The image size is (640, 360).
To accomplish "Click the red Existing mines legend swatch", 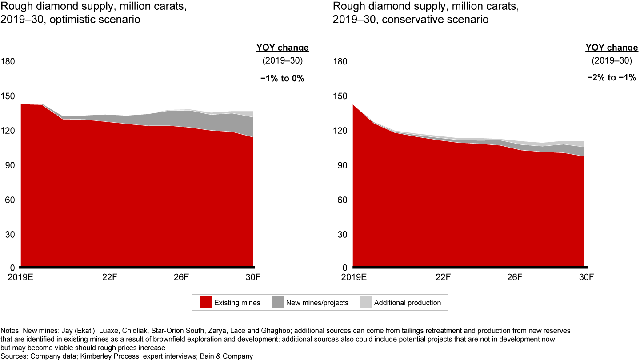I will (x=206, y=303).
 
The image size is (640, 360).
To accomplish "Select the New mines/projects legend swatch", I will (x=278, y=303).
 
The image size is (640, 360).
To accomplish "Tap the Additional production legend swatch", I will (x=366, y=303).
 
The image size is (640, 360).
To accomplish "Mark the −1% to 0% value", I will (x=282, y=78).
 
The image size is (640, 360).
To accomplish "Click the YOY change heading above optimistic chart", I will (x=282, y=48).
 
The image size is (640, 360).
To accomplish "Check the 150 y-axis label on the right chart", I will (x=340, y=96).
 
